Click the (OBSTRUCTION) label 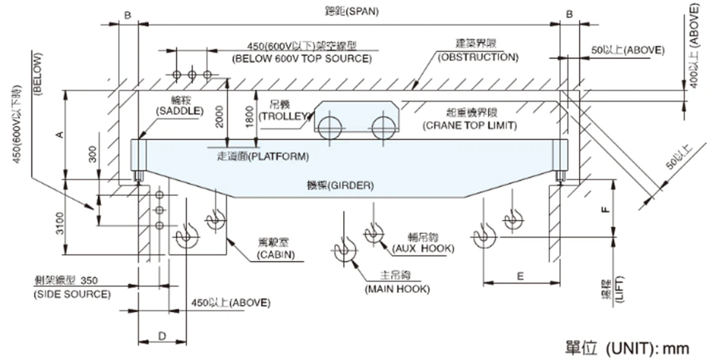click(477, 57)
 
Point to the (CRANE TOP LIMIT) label click(470, 126)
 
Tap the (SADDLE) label click(179, 111)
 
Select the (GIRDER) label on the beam click(340, 186)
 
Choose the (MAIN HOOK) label click(396, 289)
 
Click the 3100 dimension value click(59, 222)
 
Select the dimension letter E click(521, 276)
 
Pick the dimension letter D click(162, 335)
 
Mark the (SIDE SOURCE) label click(71, 294)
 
